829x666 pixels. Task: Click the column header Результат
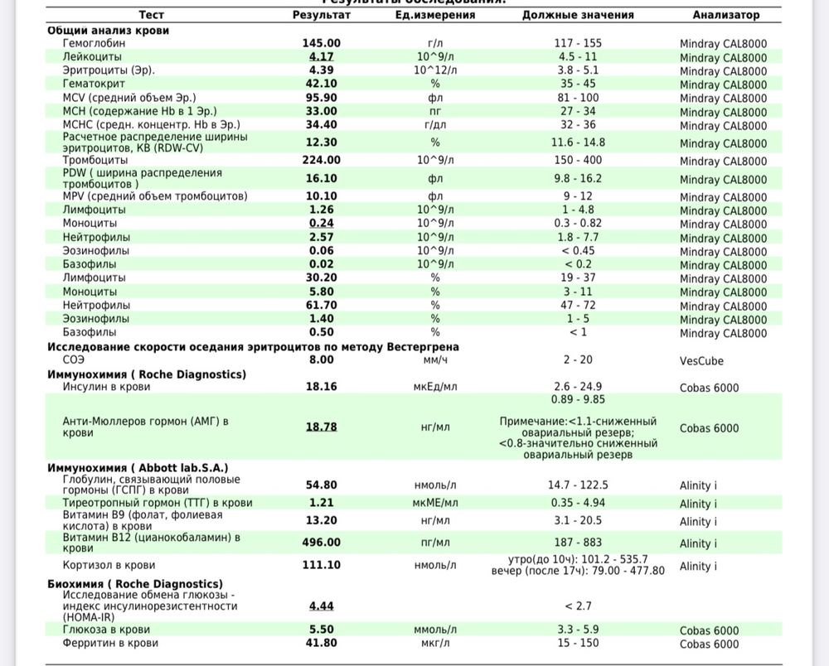[321, 15]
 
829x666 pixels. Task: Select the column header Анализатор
[725, 15]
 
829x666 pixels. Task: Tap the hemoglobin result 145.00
[321, 43]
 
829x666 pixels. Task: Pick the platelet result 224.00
[321, 160]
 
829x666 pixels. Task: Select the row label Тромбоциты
[95, 160]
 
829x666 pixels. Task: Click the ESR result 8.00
[321, 360]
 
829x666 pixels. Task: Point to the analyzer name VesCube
[701, 361]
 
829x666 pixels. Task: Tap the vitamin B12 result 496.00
[321, 543]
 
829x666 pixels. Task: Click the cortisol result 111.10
[321, 565]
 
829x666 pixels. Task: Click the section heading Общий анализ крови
[108, 30]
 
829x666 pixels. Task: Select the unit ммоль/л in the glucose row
[435, 630]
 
